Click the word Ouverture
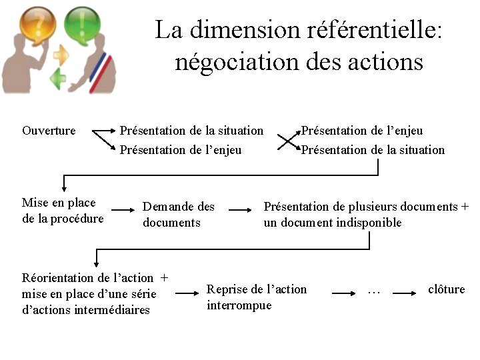49,131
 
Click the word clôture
446,289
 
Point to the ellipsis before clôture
374,290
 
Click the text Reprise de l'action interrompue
257,297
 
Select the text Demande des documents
178,215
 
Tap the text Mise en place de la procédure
62,211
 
